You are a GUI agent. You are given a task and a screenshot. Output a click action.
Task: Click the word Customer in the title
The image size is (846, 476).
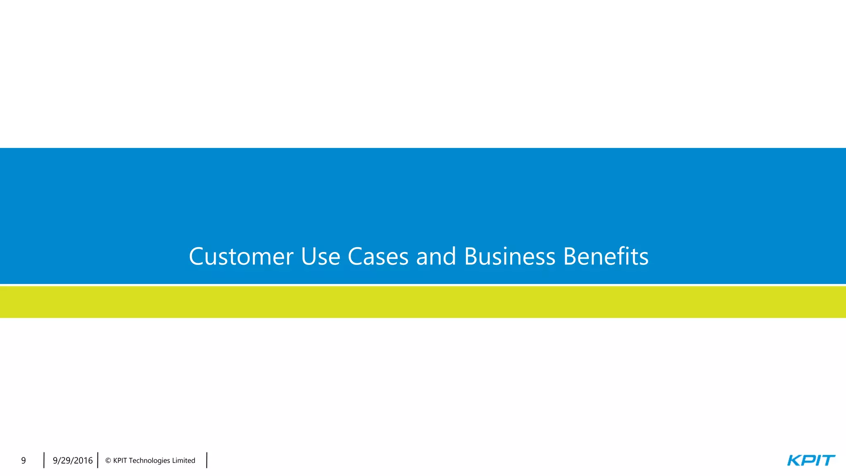[x=241, y=257]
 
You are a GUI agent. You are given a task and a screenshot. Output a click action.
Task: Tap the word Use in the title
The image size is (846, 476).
[x=321, y=257]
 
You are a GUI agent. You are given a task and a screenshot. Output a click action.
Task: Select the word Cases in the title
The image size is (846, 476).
[x=378, y=257]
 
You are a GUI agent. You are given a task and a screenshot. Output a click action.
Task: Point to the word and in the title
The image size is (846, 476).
[x=436, y=257]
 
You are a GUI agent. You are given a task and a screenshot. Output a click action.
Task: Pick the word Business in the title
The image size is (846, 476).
[x=510, y=257]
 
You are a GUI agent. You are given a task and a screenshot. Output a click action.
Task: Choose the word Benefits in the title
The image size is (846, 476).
[x=606, y=257]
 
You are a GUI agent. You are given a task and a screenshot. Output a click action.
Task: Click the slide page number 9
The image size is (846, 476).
[x=24, y=461]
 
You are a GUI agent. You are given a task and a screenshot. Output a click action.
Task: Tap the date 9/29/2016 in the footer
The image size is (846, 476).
[x=73, y=461]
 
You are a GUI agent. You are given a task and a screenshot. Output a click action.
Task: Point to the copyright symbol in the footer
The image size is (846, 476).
[x=108, y=461]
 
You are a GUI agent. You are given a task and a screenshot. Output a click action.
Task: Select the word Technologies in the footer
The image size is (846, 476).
[x=150, y=461]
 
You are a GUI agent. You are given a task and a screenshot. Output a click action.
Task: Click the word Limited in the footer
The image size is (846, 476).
[x=184, y=461]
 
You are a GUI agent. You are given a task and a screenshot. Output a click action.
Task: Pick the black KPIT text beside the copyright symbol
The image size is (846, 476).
[x=120, y=461]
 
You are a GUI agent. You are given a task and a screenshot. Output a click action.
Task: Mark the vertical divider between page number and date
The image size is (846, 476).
[x=44, y=460]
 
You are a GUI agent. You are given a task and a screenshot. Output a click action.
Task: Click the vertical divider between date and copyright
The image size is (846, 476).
[x=98, y=460]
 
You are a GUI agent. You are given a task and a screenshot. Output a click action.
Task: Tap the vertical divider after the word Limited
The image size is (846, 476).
[x=207, y=460]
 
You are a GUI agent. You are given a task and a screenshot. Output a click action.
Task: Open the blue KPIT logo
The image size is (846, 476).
[x=811, y=460]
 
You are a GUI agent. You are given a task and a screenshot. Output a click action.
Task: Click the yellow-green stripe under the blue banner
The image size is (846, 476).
[x=423, y=302]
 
